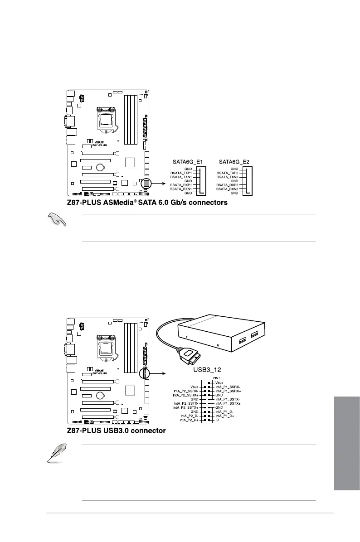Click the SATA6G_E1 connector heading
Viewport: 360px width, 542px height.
[x=187, y=161]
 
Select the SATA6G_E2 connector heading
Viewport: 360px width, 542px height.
[x=234, y=161]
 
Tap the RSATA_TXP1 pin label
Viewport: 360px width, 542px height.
[x=181, y=173]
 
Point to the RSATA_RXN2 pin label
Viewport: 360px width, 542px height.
[x=228, y=189]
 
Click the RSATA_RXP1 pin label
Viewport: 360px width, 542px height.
[x=181, y=185]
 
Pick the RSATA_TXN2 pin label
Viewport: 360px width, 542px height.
[x=228, y=177]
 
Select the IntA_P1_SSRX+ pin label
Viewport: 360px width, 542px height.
[x=228, y=391]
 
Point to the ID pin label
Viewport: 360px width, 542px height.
[x=217, y=419]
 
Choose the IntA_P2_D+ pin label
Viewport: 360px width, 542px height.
[x=190, y=419]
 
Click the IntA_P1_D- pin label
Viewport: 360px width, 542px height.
[x=225, y=411]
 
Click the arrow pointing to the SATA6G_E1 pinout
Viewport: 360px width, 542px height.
[x=158, y=184]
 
